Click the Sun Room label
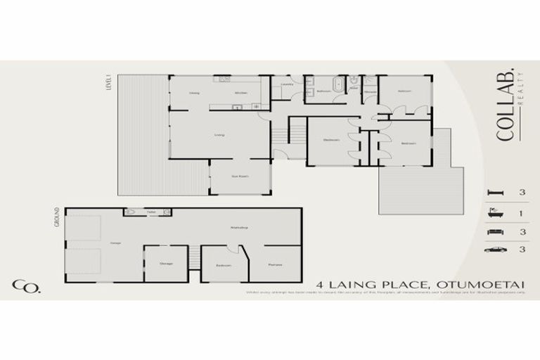pyautogui.click(x=240, y=176)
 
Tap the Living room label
pyautogui.click(x=219, y=134)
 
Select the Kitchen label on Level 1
pyautogui.click(x=239, y=93)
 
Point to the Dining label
pyautogui.click(x=195, y=93)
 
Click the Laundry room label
pyautogui.click(x=286, y=85)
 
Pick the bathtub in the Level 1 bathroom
pyautogui.click(x=337, y=85)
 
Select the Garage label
pyautogui.click(x=115, y=243)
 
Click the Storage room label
pyautogui.click(x=166, y=264)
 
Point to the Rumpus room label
pyautogui.click(x=275, y=265)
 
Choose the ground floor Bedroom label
pyautogui.click(x=224, y=266)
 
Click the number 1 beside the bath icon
pyautogui.click(x=522, y=212)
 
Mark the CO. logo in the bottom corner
pyautogui.click(x=25, y=285)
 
